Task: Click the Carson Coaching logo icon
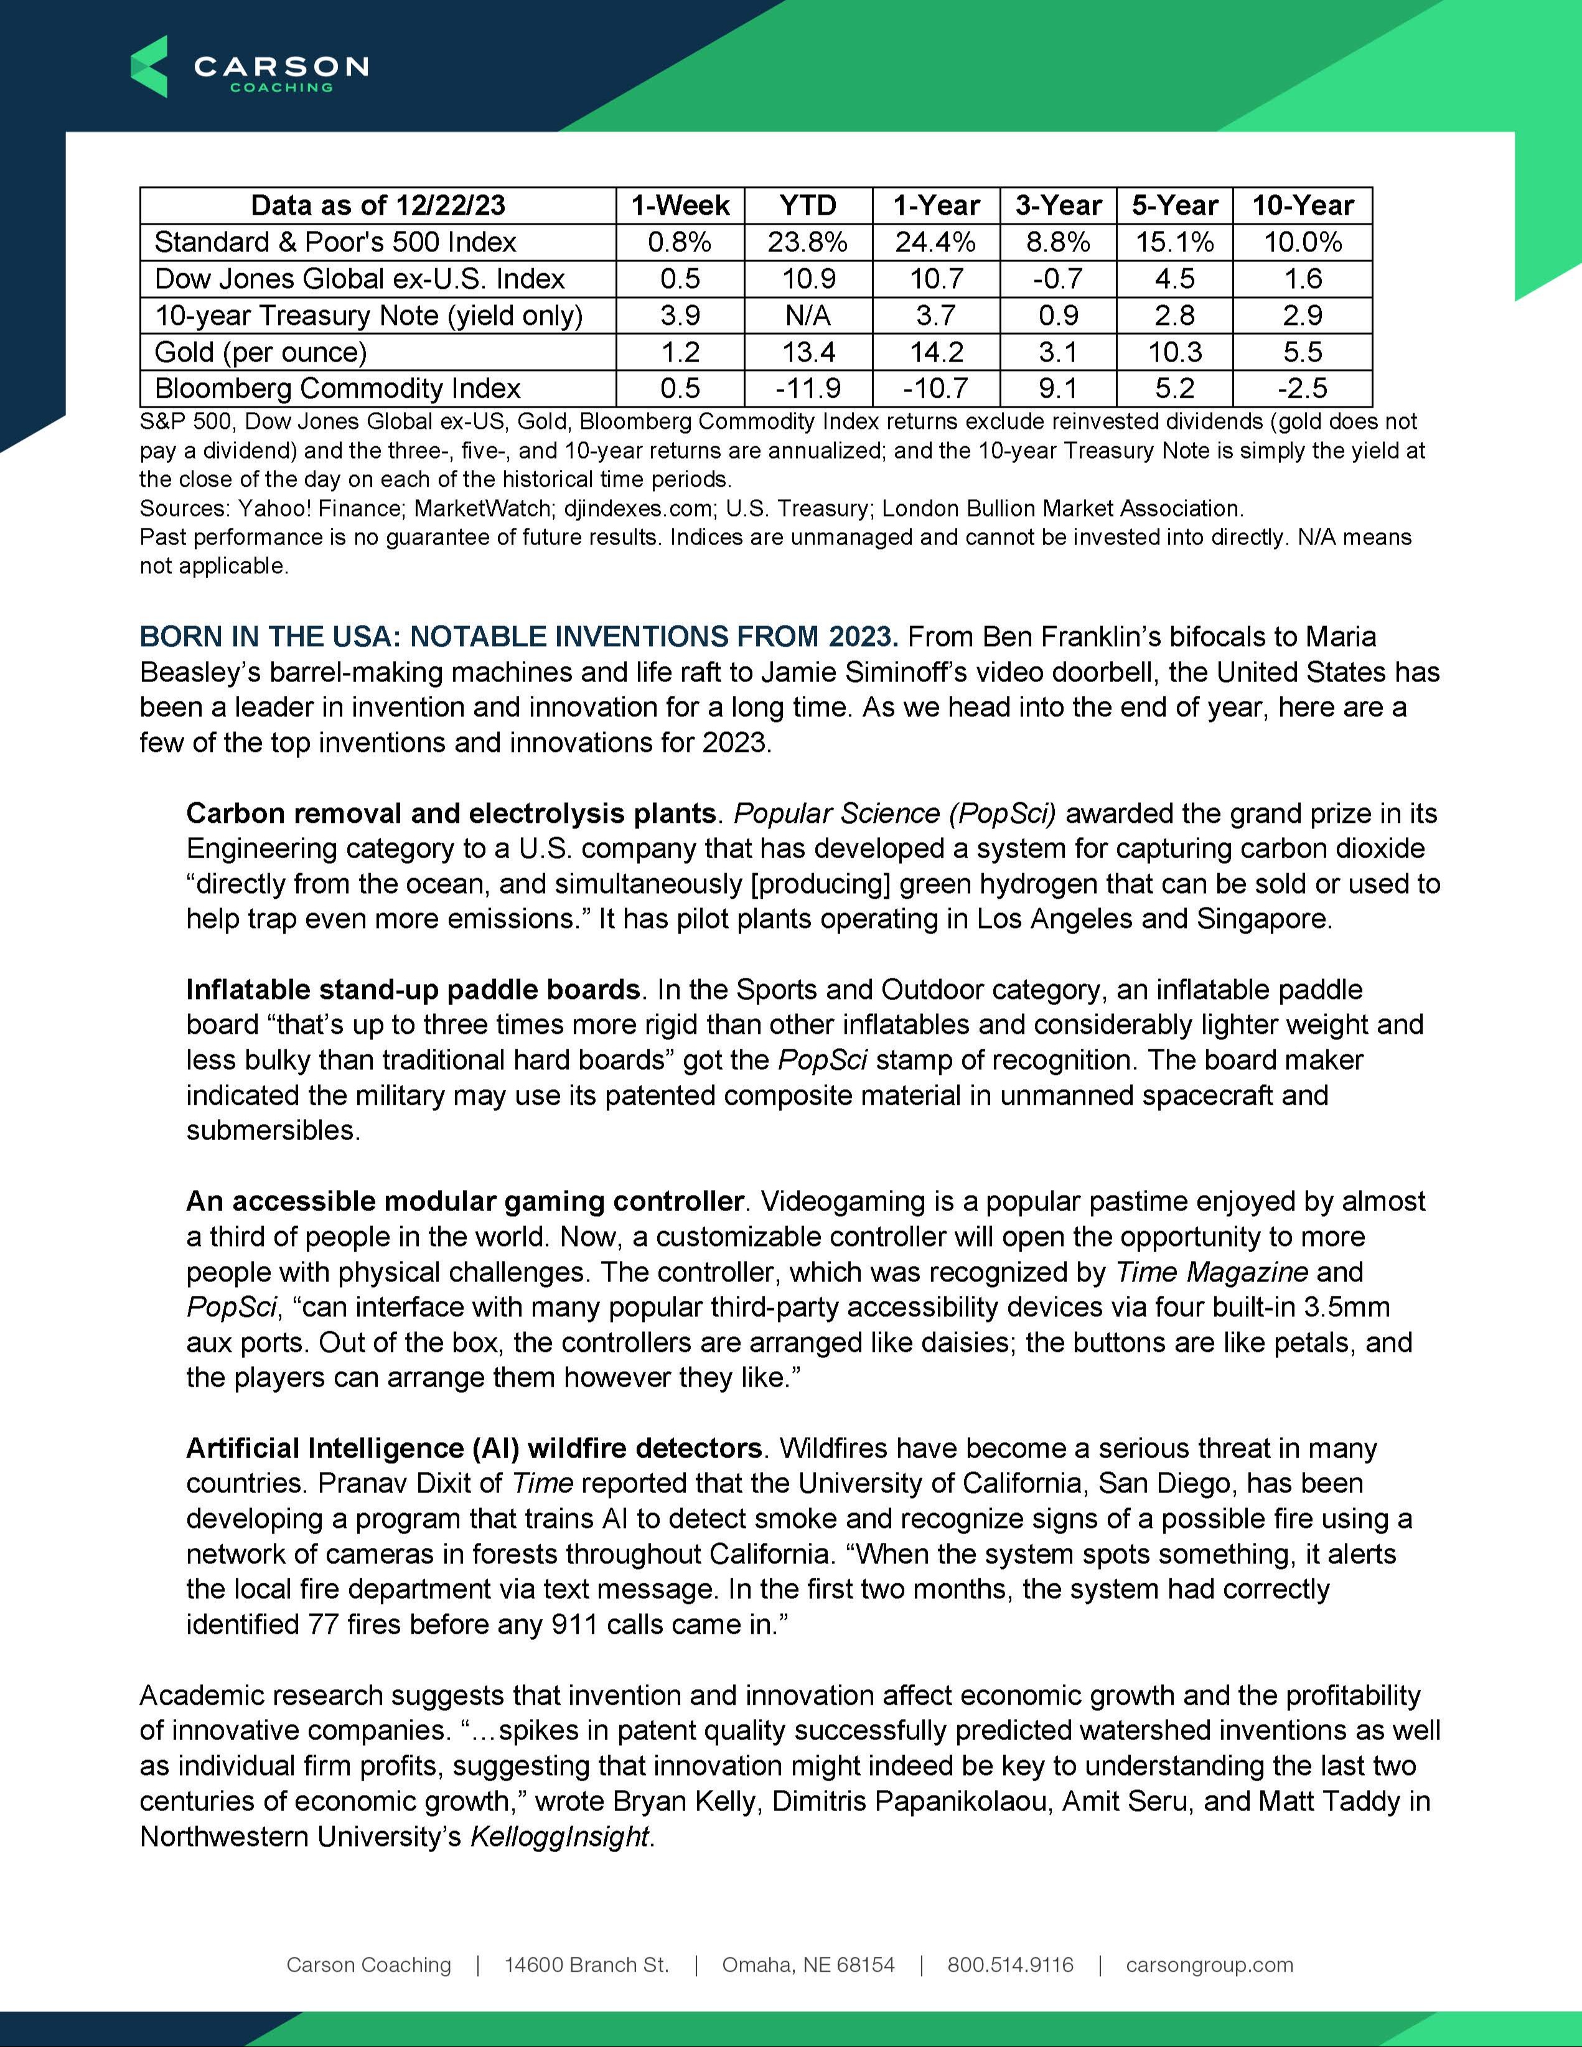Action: (149, 67)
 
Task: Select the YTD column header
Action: (807, 205)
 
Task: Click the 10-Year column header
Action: (1302, 205)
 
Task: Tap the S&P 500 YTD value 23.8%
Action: (807, 242)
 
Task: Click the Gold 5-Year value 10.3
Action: (1174, 352)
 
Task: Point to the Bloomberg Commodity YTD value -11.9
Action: (807, 388)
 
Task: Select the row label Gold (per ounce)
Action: (261, 352)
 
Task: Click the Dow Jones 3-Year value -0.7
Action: (1058, 278)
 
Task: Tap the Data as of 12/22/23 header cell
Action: (378, 205)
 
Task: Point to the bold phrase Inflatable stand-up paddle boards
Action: (413, 990)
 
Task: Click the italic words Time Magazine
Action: (1211, 1273)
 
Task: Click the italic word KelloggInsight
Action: (559, 1836)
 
